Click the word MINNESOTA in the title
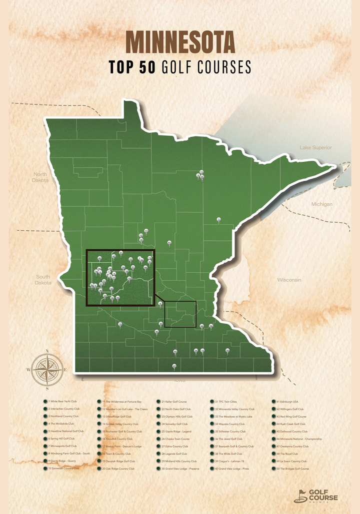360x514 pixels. click(x=180, y=42)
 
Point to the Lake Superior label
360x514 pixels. click(x=315, y=147)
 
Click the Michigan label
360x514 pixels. click(x=321, y=204)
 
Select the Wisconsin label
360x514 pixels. click(x=289, y=280)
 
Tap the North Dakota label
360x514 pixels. click(x=40, y=177)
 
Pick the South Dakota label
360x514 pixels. click(x=42, y=280)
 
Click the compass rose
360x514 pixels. click(x=46, y=370)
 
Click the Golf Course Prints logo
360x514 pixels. click(x=316, y=496)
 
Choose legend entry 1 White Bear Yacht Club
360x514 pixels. click(x=62, y=401)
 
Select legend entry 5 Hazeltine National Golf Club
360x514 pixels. click(x=65, y=431)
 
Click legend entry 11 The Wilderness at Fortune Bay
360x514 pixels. click(x=122, y=401)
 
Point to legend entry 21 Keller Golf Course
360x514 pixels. click(x=174, y=401)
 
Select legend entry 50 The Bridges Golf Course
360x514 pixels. click(x=292, y=469)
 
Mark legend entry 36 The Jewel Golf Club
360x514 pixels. click(x=230, y=439)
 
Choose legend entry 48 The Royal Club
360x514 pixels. click(x=287, y=454)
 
